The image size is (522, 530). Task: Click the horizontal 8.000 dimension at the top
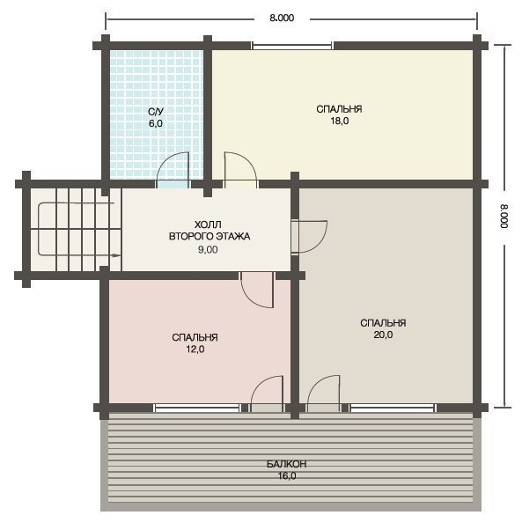coord(282,18)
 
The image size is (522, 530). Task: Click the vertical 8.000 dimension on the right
coord(504,216)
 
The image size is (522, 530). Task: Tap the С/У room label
coord(156,112)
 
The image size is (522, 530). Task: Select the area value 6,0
coord(156,123)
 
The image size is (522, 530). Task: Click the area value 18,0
coord(340,121)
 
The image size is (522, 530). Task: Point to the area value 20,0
coord(383,335)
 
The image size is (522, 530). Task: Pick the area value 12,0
coord(195,350)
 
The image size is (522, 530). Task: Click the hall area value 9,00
coord(208,250)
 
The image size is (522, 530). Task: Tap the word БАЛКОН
coord(286,464)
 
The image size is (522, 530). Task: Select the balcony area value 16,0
coord(287,476)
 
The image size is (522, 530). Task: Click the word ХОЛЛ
coord(208,225)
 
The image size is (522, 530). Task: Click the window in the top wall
coord(292,46)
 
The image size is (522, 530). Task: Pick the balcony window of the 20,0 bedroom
coord(393,408)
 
